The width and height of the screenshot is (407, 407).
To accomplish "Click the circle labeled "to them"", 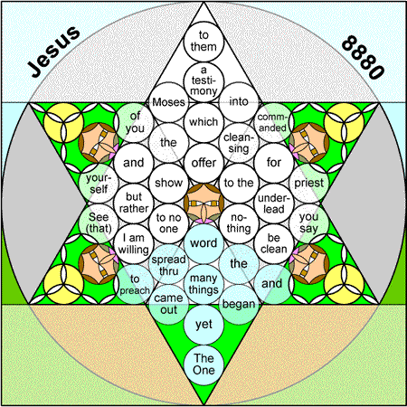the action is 203,42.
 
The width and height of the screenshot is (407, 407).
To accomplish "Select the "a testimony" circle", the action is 203,81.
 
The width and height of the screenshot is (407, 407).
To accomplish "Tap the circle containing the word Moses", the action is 168,102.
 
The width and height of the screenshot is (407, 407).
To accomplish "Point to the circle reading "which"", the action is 203,122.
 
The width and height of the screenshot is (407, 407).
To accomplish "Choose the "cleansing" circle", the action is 239,143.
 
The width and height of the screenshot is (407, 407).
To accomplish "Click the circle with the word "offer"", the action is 203,163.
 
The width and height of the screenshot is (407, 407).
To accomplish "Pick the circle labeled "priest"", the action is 309,183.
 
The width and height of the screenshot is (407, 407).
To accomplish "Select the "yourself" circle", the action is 99,183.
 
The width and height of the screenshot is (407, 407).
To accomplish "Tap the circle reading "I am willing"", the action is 134,244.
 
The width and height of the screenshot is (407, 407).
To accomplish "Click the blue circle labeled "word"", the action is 203,243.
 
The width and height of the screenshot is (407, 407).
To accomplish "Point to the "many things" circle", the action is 203,284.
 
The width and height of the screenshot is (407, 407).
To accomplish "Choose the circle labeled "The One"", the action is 203,364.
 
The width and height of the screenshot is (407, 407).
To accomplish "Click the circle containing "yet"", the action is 203,325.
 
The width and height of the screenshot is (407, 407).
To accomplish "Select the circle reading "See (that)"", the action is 99,223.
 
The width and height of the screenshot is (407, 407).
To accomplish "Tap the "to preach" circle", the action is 134,284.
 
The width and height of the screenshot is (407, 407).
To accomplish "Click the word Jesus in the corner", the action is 54,52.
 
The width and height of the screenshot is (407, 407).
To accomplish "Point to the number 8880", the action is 363,57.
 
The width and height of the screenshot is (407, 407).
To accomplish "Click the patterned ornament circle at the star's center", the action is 203,203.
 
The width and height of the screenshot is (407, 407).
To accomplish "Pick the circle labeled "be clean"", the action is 274,243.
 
